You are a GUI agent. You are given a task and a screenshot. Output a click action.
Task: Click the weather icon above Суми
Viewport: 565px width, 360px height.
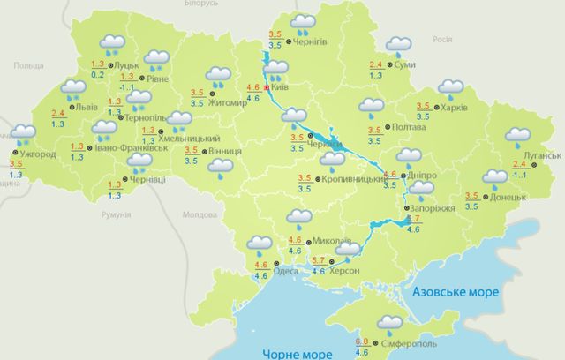398,46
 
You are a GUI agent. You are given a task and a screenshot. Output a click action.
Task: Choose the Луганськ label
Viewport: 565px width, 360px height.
541,156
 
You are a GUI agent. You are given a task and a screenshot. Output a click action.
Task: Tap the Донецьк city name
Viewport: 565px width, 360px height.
508,197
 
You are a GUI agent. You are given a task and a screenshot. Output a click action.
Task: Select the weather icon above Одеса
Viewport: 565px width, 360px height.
260,244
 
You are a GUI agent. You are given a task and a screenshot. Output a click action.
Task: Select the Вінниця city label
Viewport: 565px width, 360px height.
229,151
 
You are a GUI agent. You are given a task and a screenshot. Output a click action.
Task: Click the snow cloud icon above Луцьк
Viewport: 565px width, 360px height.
112,43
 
